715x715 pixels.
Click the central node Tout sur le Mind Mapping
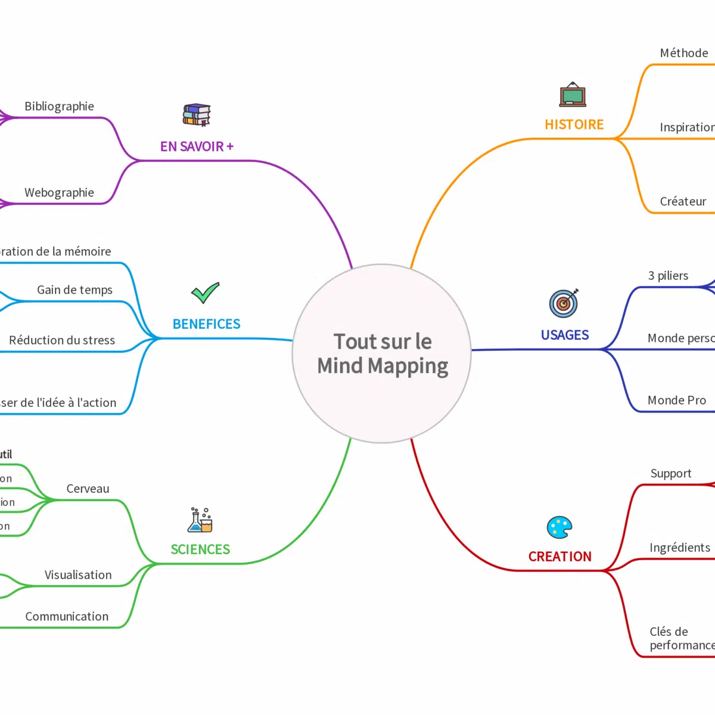point(382,353)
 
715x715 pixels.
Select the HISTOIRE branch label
point(574,125)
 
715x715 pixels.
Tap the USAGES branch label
point(564,335)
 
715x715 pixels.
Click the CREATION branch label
point(559,557)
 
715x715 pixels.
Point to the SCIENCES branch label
point(200,549)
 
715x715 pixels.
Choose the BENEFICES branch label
point(206,324)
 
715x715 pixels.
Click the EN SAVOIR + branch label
point(197,147)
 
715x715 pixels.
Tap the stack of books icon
point(197,114)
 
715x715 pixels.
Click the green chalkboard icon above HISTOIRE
point(573,95)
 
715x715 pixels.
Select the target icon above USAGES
point(564,303)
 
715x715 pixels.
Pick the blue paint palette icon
point(559,527)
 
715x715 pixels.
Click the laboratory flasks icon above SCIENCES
point(200,520)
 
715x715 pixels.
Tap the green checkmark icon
point(206,293)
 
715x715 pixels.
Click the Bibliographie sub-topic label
point(59,107)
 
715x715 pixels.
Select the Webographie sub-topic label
point(59,192)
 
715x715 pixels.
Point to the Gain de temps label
point(74,290)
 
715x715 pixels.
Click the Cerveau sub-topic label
point(88,489)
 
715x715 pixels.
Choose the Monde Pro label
point(676,400)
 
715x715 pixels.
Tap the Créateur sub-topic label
point(683,201)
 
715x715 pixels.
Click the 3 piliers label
point(668,276)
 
